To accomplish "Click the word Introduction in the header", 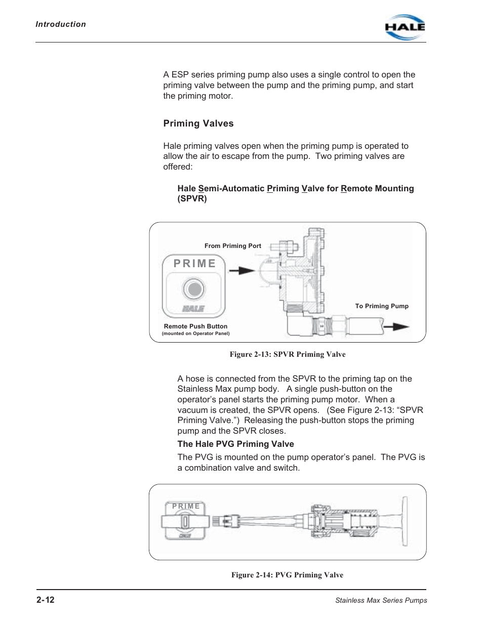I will click(61, 24).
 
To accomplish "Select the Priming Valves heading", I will click(198, 123).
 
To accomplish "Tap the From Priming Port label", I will click(233, 246).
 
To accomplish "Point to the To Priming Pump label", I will click(382, 306).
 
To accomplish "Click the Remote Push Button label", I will click(195, 326).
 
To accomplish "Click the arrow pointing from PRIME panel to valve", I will click(240, 270).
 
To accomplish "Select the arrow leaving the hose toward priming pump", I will click(396, 326).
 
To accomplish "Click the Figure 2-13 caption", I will click(288, 354).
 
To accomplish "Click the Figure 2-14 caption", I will click(288, 575).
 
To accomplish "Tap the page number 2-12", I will click(45, 600).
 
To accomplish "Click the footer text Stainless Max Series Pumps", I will click(381, 601).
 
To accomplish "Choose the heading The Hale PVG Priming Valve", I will click(235, 444).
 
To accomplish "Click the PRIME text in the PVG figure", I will click(186, 506).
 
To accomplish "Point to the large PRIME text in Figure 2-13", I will click(195, 263).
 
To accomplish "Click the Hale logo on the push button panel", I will click(193, 308).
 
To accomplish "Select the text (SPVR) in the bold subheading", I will click(192, 199).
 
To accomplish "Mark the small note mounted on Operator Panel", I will click(195, 334).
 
